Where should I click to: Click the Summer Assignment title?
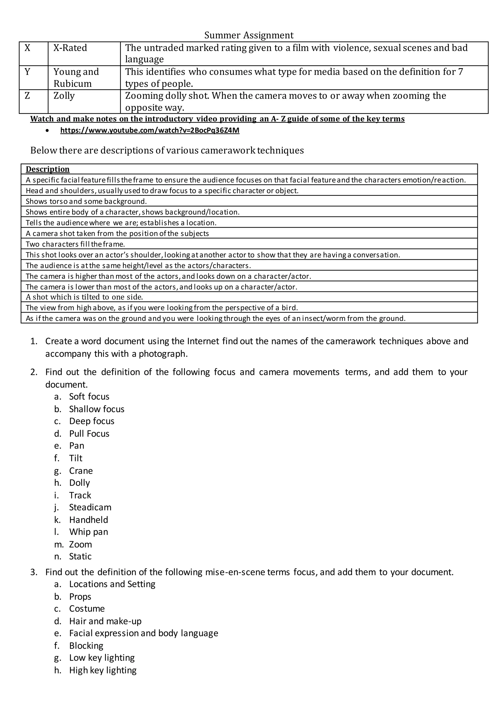(249, 35)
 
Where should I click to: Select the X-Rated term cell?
(70, 48)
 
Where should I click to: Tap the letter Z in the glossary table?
(27, 96)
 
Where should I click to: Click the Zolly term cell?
(64, 96)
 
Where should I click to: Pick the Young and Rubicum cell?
(76, 77)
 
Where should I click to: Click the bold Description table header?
(48, 169)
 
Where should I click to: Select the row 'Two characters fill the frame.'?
(75, 244)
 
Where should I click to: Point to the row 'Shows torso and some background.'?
(86, 201)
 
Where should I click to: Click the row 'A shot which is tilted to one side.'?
(84, 297)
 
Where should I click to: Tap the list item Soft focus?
(89, 397)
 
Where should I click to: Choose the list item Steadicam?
(90, 507)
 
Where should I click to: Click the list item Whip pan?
(89, 532)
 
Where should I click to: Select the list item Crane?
(81, 471)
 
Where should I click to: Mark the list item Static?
(80, 557)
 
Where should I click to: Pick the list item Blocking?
(86, 646)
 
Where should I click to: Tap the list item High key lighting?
(103, 670)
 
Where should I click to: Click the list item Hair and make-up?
(105, 621)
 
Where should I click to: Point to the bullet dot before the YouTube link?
(47, 131)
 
